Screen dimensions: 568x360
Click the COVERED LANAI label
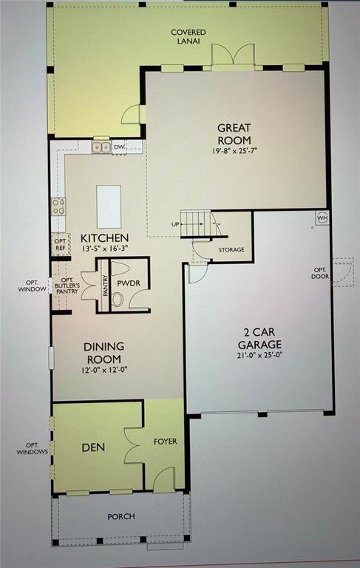189,37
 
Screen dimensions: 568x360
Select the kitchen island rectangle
109,206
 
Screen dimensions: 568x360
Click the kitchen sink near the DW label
101,147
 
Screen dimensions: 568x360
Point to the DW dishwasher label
118,148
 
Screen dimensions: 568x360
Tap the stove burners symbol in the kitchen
58,206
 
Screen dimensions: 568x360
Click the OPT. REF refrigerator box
60,244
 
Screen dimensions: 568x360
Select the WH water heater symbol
322,217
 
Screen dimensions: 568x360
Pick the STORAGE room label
231,250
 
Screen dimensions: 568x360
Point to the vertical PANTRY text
106,285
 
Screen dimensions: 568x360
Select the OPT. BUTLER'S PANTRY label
67,285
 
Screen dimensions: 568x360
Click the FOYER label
163,442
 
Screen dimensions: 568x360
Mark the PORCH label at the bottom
120,516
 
